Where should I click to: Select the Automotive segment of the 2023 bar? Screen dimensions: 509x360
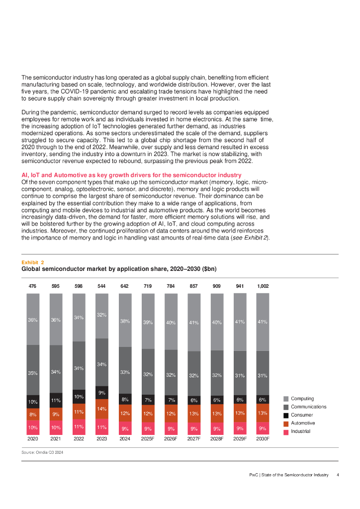point(101,409)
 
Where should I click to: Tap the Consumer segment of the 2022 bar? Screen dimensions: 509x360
point(79,397)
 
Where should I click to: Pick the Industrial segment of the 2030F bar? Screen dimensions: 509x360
point(263,428)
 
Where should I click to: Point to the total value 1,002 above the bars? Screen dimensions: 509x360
point(263,286)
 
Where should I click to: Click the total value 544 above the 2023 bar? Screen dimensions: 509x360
point(101,286)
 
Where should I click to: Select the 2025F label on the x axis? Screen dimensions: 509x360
point(148,439)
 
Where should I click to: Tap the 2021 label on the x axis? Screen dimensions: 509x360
point(56,439)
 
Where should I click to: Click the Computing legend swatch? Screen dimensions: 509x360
point(286,399)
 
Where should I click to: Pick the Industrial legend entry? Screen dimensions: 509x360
point(300,431)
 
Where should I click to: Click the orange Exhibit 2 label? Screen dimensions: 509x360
point(32,261)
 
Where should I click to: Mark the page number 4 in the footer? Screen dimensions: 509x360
point(338,475)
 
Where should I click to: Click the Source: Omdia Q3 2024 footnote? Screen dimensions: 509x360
point(42,452)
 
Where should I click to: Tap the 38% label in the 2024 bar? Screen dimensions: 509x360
point(125,321)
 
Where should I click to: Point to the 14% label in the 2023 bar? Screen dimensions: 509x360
point(101,409)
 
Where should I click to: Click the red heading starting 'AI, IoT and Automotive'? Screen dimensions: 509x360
point(131,175)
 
